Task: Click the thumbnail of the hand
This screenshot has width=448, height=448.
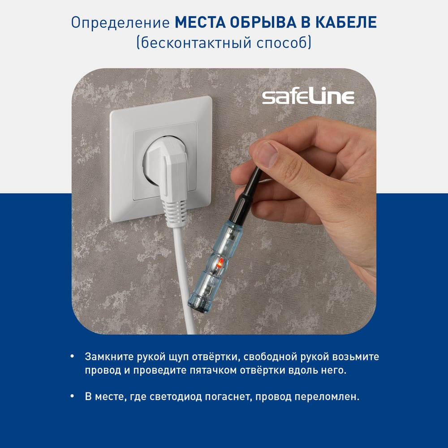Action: coord(268,155)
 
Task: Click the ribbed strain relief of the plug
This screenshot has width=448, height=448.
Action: coord(174,213)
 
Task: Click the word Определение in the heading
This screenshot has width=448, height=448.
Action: coord(121,22)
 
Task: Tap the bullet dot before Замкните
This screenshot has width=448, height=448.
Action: coord(72,356)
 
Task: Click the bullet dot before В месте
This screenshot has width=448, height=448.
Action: coord(72,396)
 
